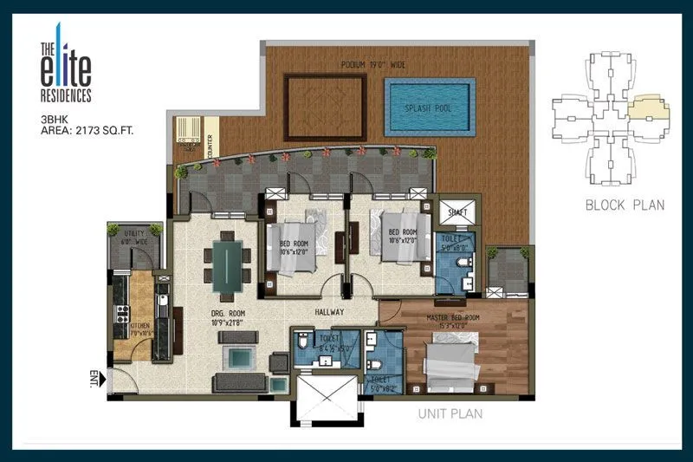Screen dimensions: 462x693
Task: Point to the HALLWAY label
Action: click(x=329, y=312)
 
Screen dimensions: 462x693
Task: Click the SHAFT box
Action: click(x=455, y=212)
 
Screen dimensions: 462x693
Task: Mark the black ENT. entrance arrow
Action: click(x=100, y=379)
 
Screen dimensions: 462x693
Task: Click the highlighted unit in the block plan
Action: click(x=649, y=108)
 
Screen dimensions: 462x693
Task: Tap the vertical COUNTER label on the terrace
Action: click(x=210, y=145)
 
